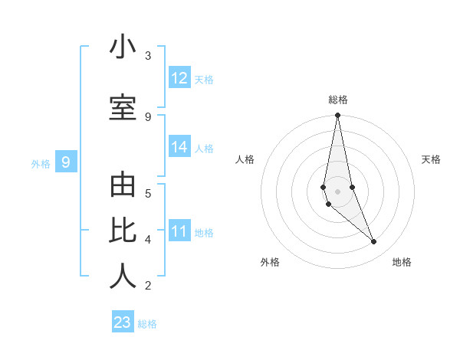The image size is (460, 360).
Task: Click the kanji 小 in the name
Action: pyautogui.click(x=123, y=47)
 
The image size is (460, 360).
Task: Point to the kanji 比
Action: pyautogui.click(x=123, y=231)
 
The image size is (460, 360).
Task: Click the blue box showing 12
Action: pyautogui.click(x=179, y=78)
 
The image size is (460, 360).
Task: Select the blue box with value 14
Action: pyautogui.click(x=179, y=147)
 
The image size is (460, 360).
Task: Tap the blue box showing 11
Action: pyautogui.click(x=179, y=231)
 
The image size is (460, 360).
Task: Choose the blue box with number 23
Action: pyautogui.click(x=123, y=322)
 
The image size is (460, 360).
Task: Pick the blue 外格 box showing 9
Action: pyautogui.click(x=66, y=162)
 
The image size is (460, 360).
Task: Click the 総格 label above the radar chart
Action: pyautogui.click(x=338, y=100)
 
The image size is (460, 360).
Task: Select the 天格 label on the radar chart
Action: pyautogui.click(x=431, y=159)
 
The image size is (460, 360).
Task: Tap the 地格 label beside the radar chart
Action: pyautogui.click(x=402, y=262)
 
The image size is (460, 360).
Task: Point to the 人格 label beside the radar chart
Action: pyautogui.click(x=245, y=159)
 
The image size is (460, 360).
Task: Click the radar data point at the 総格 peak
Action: pyautogui.click(x=337, y=116)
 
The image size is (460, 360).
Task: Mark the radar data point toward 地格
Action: pyautogui.click(x=374, y=242)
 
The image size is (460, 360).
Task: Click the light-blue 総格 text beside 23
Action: pyautogui.click(x=147, y=324)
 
